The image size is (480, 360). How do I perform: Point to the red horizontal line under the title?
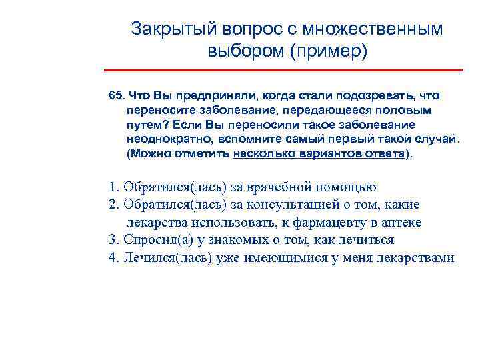(283, 70)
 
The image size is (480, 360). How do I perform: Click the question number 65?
(115, 95)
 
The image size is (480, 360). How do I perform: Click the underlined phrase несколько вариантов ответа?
(319, 154)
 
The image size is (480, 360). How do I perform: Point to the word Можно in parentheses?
(147, 154)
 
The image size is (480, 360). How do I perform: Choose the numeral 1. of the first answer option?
(113, 187)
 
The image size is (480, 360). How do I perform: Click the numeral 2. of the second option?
(113, 205)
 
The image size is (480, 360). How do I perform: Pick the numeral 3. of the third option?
(113, 240)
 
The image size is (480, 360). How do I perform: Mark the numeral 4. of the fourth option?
(113, 258)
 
